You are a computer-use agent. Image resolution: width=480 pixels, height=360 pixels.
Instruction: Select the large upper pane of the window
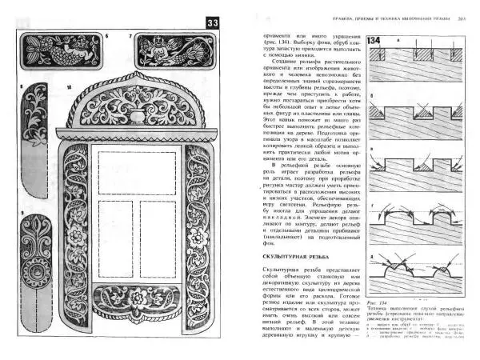tap(140, 167)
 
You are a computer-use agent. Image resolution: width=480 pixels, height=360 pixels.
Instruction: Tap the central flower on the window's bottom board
tap(141, 302)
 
